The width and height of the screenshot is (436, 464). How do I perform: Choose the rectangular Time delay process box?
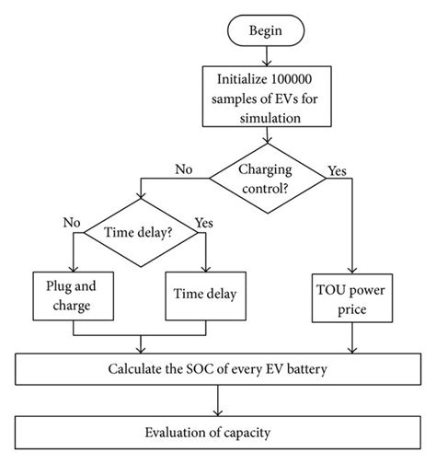(x=203, y=295)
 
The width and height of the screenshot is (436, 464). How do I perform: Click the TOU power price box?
(x=351, y=295)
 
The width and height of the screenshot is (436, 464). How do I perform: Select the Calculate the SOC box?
(x=217, y=370)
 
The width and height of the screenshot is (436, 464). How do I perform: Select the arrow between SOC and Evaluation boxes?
(x=217, y=401)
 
